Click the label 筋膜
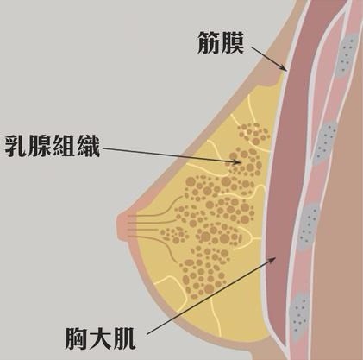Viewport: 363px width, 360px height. (x=221, y=43)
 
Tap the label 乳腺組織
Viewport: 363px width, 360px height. (x=53, y=146)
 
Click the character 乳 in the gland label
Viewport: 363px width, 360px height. (x=16, y=146)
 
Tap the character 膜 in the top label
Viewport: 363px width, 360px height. (x=233, y=43)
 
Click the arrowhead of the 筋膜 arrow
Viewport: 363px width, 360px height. (x=284, y=68)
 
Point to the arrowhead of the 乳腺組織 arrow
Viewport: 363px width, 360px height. (x=238, y=161)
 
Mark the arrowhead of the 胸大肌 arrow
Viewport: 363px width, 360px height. (x=272, y=261)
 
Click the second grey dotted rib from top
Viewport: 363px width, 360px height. (x=325, y=142)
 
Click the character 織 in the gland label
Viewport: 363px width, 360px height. (x=89, y=146)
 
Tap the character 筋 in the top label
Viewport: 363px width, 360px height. (x=209, y=43)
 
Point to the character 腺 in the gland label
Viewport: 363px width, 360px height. (x=41, y=146)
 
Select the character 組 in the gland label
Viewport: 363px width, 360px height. (x=65, y=146)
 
